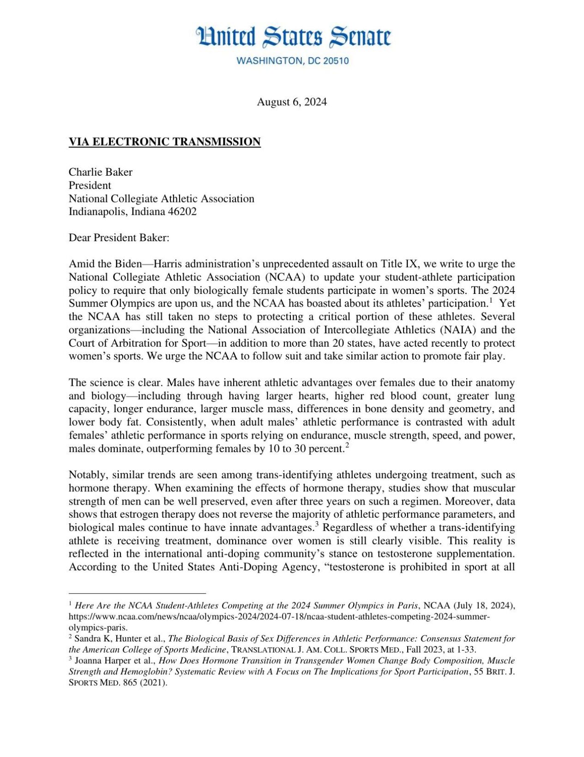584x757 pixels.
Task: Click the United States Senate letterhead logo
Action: coord(294,37)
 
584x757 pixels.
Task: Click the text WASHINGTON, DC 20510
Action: coord(292,61)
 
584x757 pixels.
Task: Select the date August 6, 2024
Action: coord(292,102)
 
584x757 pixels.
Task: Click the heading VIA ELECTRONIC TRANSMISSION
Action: coord(165,142)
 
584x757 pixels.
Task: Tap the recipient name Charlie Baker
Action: coord(101,172)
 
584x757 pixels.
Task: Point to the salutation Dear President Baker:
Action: coord(119,238)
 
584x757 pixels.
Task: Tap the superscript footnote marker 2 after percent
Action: coord(347,446)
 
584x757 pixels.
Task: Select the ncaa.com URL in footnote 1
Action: coord(279,617)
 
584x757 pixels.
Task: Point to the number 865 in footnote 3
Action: coord(130,683)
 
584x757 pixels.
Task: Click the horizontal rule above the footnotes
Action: coord(137,593)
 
